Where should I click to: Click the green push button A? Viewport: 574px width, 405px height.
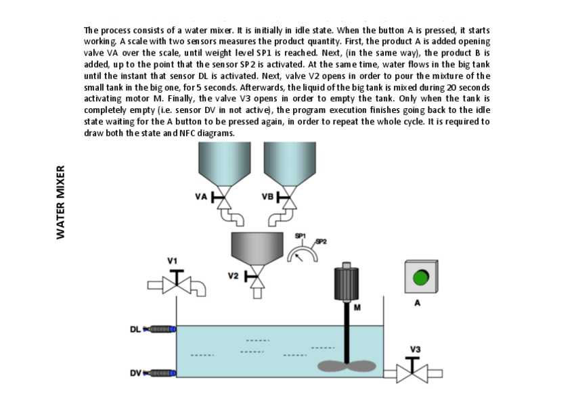420,278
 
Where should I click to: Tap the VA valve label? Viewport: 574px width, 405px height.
200,197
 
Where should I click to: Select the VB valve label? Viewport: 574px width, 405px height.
267,197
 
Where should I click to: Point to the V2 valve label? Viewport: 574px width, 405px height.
233,276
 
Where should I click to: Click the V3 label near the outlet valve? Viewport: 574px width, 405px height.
415,349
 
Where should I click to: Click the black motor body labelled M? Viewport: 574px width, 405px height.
347,284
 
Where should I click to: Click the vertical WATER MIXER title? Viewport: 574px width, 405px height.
60,201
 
